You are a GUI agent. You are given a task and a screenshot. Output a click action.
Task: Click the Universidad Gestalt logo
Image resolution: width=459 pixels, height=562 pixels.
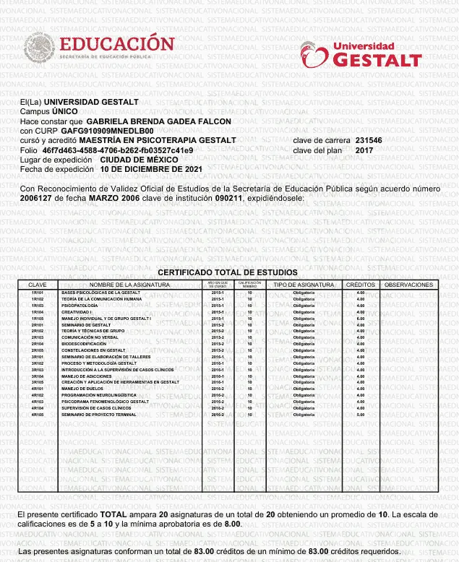[x=361, y=53]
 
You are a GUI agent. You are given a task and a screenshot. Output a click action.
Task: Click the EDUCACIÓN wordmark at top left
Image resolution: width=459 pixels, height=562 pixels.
[x=116, y=43]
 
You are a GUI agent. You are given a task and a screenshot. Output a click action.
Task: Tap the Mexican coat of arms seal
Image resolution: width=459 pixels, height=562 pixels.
[x=39, y=49]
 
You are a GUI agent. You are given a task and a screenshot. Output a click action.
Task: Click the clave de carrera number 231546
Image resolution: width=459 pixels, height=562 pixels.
[x=369, y=140]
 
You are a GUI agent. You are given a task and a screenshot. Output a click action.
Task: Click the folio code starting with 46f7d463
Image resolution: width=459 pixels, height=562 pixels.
[x=118, y=150]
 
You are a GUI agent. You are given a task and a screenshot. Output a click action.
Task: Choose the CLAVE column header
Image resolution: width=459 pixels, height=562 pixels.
[x=37, y=285]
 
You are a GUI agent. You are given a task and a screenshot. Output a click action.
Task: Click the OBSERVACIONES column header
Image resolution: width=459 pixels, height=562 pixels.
[x=409, y=285]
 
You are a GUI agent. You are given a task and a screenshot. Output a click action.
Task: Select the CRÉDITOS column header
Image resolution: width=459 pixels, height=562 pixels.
[x=360, y=285]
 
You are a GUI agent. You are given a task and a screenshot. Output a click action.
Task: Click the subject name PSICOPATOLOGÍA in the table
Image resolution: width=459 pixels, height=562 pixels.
[x=79, y=306]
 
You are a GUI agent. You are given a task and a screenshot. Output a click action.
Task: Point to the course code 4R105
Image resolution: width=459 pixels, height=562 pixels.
[x=38, y=415]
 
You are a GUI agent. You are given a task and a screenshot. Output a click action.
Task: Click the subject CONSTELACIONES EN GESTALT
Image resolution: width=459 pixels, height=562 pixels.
[x=93, y=350]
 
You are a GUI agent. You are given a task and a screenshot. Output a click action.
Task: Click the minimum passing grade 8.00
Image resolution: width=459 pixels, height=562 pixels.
[x=232, y=524]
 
